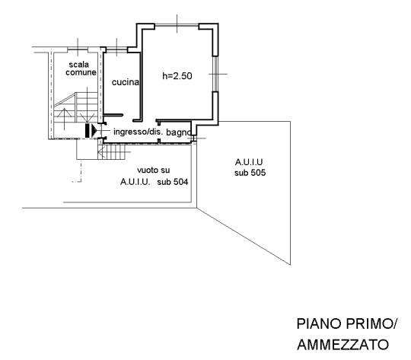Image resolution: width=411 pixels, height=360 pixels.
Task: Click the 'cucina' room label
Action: coord(126,82)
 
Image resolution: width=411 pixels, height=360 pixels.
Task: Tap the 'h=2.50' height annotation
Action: coord(177,76)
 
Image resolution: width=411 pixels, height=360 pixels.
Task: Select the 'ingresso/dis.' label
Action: coord(138,132)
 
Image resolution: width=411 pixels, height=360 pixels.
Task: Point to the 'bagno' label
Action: coord(179,132)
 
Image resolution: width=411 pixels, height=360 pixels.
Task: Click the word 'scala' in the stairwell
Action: coord(78,65)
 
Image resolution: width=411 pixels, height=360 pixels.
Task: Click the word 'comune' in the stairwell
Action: coord(81,72)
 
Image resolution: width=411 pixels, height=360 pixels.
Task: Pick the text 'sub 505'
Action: coord(250,173)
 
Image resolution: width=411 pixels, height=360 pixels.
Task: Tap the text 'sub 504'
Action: coord(173,182)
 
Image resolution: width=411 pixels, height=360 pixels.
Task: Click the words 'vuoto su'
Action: coord(153,170)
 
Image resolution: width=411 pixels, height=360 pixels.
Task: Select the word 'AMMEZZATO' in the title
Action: coord(343,345)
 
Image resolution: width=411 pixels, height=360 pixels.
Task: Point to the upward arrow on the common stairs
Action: coord(64,119)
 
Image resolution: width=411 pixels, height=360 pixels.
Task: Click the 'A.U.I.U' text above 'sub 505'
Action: coord(249,162)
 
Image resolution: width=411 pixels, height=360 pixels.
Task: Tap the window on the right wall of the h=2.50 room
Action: coord(215,74)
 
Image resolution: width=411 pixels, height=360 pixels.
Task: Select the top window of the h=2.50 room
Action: coord(177,25)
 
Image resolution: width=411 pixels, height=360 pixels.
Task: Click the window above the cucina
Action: coord(116,49)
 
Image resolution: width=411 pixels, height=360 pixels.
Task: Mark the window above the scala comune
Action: coord(78,49)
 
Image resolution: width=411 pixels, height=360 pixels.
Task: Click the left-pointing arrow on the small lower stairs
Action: coord(102,152)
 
